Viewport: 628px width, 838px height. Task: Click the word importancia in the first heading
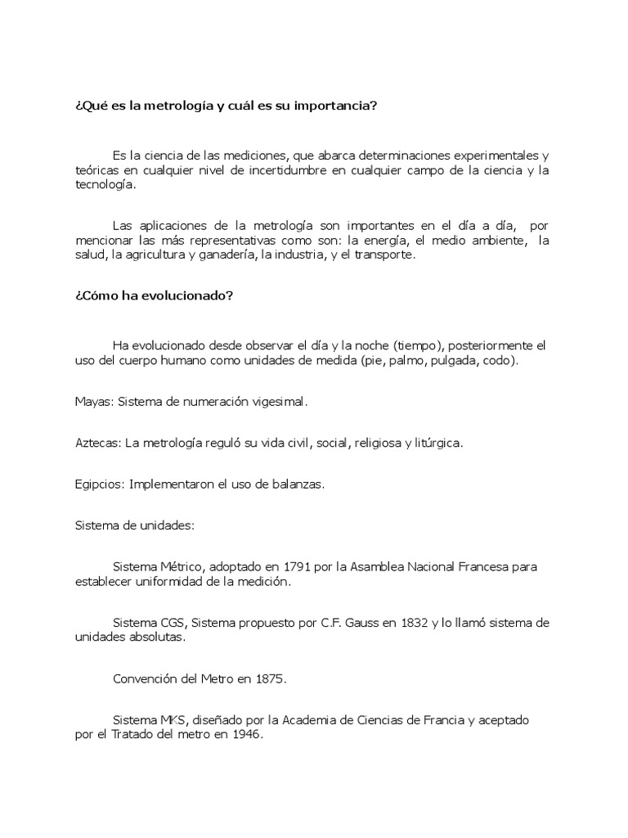tap(332, 106)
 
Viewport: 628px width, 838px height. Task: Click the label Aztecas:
tap(98, 443)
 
